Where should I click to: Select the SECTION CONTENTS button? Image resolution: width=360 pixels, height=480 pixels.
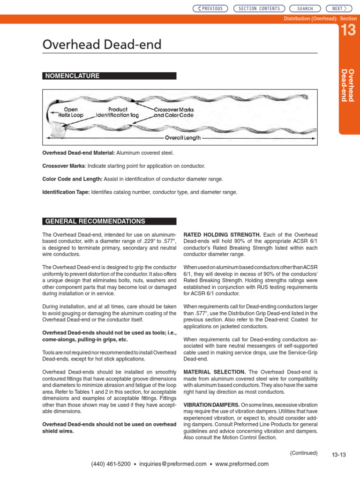[259, 8]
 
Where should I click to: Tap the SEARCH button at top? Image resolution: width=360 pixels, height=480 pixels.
[305, 8]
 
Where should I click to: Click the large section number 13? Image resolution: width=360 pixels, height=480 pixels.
[348, 31]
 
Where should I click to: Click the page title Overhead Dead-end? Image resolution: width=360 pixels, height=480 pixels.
[102, 45]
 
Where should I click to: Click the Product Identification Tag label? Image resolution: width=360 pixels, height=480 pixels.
[118, 112]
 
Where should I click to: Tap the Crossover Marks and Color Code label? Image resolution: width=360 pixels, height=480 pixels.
[174, 112]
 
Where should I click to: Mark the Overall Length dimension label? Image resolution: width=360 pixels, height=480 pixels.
[183, 138]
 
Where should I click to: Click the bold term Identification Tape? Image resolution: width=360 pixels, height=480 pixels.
[66, 192]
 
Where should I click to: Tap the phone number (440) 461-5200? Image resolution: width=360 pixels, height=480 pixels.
[111, 464]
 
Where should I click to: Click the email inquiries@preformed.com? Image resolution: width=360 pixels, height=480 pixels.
[173, 464]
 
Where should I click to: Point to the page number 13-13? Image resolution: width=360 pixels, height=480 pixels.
[338, 455]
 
